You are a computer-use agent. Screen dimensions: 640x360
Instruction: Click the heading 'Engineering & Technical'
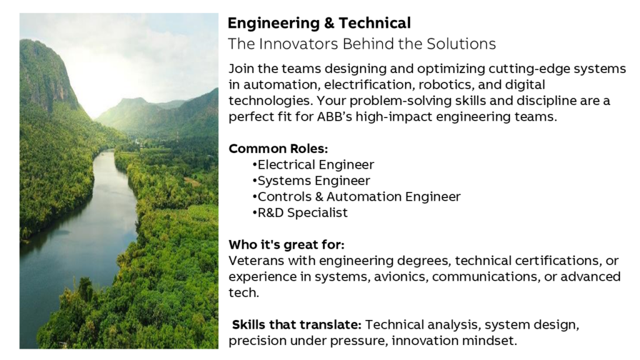coord(319,24)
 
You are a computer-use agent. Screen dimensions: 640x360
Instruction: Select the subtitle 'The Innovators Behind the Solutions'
coord(362,44)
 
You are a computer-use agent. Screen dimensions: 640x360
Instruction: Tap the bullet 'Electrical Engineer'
coord(313,164)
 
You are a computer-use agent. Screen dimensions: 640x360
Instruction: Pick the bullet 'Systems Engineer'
coord(311,181)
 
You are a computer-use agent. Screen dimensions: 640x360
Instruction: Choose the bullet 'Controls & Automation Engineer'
coord(356,197)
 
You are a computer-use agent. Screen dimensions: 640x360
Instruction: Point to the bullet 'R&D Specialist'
coord(300,212)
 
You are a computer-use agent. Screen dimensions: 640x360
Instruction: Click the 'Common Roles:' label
coord(278,149)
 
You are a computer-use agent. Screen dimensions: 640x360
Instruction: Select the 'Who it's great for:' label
coord(286,245)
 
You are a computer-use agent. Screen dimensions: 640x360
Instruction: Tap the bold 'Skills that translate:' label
coord(297,325)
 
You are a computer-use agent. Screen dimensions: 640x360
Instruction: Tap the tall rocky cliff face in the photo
coord(45,74)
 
